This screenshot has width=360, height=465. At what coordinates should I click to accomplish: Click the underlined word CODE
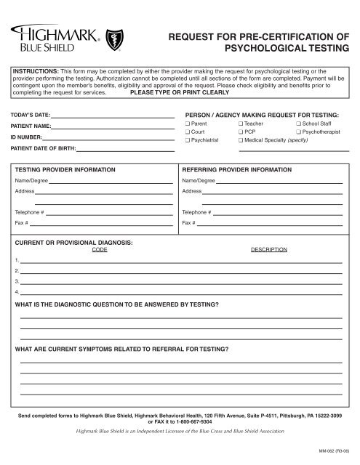[x=100, y=248]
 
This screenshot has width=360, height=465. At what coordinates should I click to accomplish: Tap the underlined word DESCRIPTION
[x=269, y=248]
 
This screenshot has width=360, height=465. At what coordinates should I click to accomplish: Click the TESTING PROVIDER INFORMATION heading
[x=65, y=169]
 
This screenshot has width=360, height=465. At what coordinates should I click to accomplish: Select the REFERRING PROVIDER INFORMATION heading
[x=236, y=169]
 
